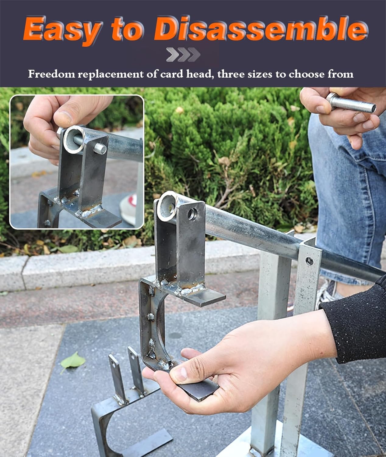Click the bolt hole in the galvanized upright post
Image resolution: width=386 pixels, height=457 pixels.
click(x=309, y=261)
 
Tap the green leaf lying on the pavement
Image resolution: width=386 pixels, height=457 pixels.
click(x=73, y=361)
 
